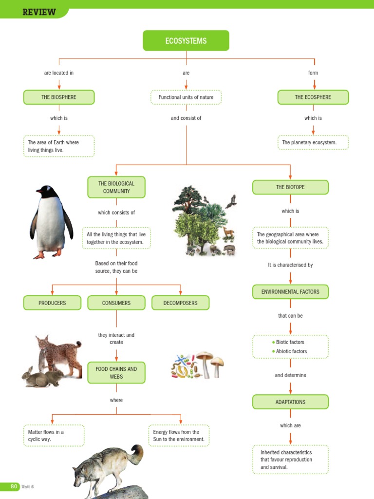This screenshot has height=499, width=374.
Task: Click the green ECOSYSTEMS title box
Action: click(x=186, y=41)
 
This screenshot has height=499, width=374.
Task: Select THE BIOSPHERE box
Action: click(x=59, y=97)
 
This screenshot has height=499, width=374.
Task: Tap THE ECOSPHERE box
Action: click(x=313, y=97)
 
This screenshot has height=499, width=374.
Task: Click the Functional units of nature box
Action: click(x=186, y=97)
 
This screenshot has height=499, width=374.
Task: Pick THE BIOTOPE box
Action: click(x=290, y=187)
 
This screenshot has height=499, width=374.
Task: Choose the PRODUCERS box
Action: click(x=52, y=303)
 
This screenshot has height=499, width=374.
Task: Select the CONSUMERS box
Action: click(x=116, y=303)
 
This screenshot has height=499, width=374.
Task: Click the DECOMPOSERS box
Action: click(x=181, y=303)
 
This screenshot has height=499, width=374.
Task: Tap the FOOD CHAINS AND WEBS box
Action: click(x=116, y=373)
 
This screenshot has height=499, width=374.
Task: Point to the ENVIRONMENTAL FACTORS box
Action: click(x=290, y=292)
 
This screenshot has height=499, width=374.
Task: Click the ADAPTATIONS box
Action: click(x=290, y=402)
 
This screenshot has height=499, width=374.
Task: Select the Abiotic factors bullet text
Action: click(x=291, y=351)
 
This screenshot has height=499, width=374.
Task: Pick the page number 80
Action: click(x=14, y=486)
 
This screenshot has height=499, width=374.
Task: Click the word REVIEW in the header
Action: click(x=39, y=12)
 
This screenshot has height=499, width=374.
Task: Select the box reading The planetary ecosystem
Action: click(x=313, y=143)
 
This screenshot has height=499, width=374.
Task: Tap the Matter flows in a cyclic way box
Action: click(x=54, y=435)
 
